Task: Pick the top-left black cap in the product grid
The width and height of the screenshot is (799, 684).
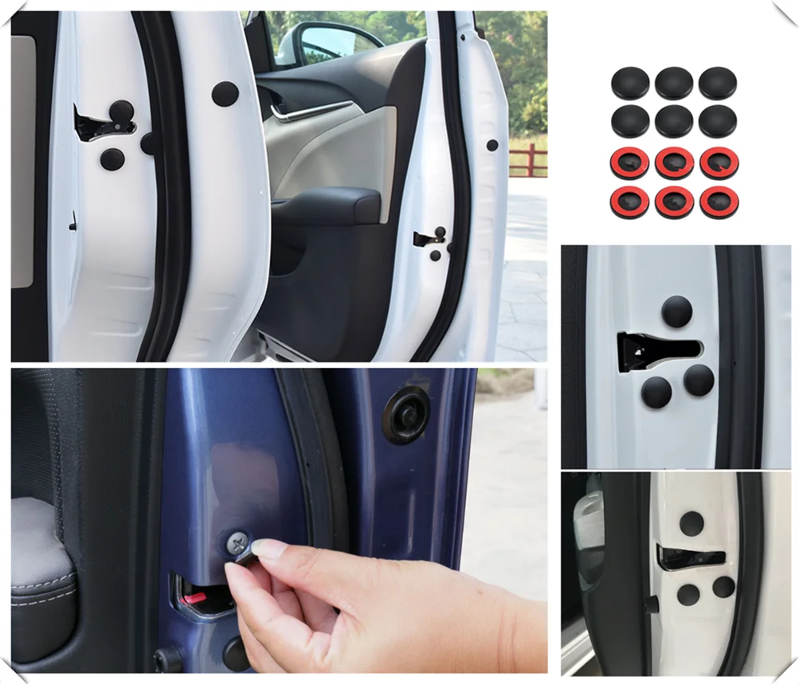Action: (630, 83)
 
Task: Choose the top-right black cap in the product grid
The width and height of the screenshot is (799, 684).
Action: (718, 83)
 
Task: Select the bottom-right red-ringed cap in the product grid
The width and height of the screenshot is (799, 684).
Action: (719, 202)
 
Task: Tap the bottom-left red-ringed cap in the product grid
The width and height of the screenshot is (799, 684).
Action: (630, 202)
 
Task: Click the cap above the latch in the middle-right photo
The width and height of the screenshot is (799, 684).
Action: (676, 311)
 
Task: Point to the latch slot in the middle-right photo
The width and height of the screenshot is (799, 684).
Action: (657, 350)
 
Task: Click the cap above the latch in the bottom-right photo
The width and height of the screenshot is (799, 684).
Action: (691, 522)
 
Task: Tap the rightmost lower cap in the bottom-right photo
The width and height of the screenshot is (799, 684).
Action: (723, 587)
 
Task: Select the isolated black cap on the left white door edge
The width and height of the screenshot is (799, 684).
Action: (225, 94)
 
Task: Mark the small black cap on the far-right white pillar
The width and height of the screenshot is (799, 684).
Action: (492, 145)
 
